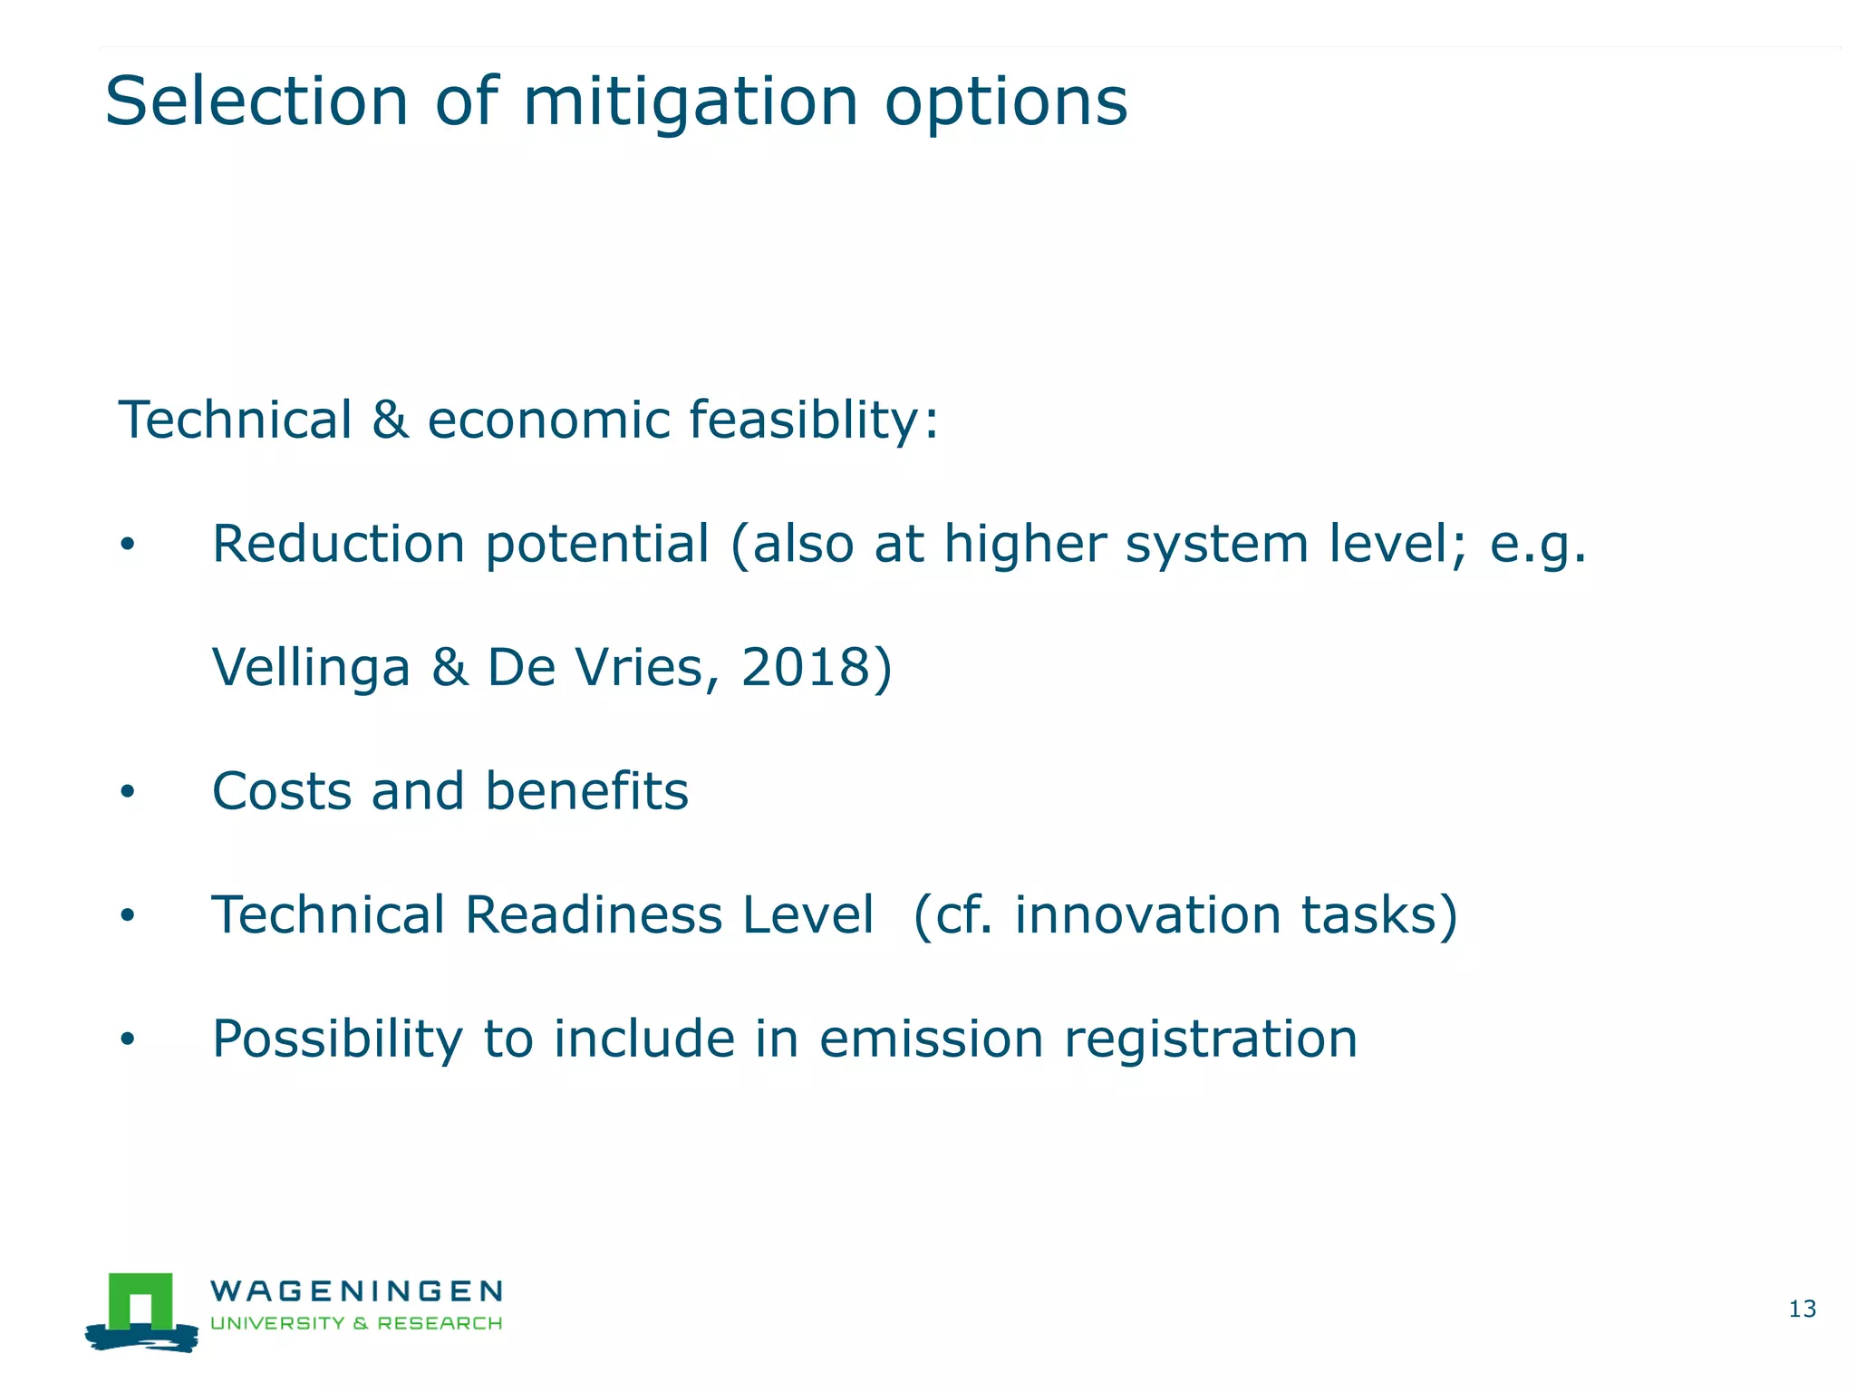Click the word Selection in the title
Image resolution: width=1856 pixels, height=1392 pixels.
256,101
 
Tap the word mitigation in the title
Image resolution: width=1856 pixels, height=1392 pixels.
690,102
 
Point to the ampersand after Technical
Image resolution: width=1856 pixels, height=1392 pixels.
390,421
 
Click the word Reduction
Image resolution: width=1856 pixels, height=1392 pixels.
338,544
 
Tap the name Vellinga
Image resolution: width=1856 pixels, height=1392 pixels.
311,668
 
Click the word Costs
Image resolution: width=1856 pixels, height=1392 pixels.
281,791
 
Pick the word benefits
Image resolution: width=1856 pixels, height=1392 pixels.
586,791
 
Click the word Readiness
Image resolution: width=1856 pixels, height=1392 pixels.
593,914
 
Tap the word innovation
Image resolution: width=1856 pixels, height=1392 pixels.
1147,914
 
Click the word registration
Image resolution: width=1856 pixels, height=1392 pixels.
1211,1039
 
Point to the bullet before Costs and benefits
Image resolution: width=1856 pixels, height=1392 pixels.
128,792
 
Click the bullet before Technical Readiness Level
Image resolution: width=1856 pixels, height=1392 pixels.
128,916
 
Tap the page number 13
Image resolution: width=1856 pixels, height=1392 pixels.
1802,1309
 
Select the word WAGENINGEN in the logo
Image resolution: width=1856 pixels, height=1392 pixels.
356,1290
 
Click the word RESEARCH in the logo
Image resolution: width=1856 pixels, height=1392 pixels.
440,1323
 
